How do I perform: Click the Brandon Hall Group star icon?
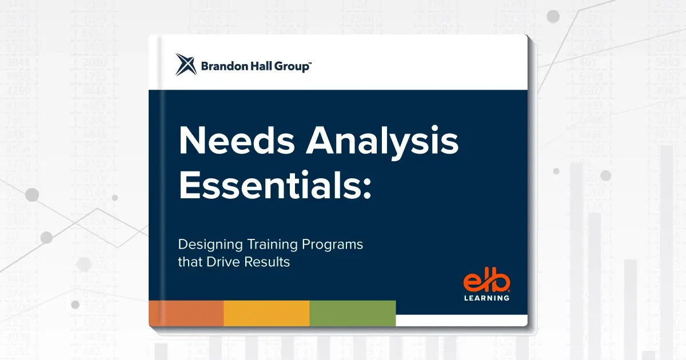click(186, 65)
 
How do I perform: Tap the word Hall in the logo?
click(261, 67)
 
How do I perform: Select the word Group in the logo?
click(292, 67)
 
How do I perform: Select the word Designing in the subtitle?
click(210, 245)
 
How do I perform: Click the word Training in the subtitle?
click(271, 245)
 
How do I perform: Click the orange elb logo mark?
click(486, 282)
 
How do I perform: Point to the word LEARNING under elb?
click(486, 298)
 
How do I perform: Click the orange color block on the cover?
click(186, 313)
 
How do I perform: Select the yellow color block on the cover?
click(266, 313)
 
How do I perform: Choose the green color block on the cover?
click(353, 313)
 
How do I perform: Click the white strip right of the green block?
click(461, 320)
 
